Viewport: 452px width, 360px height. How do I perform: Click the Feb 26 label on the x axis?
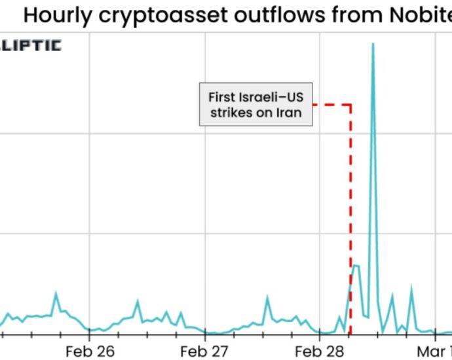tap(93, 350)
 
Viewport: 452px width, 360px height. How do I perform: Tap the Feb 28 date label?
tap(318, 350)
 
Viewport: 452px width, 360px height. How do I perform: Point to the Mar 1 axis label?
tap(434, 350)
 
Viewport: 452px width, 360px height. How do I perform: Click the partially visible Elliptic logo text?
tap(31, 45)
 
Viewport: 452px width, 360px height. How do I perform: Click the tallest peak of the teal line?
tap(373, 44)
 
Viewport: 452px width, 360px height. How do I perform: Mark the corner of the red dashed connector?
tap(351, 104)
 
